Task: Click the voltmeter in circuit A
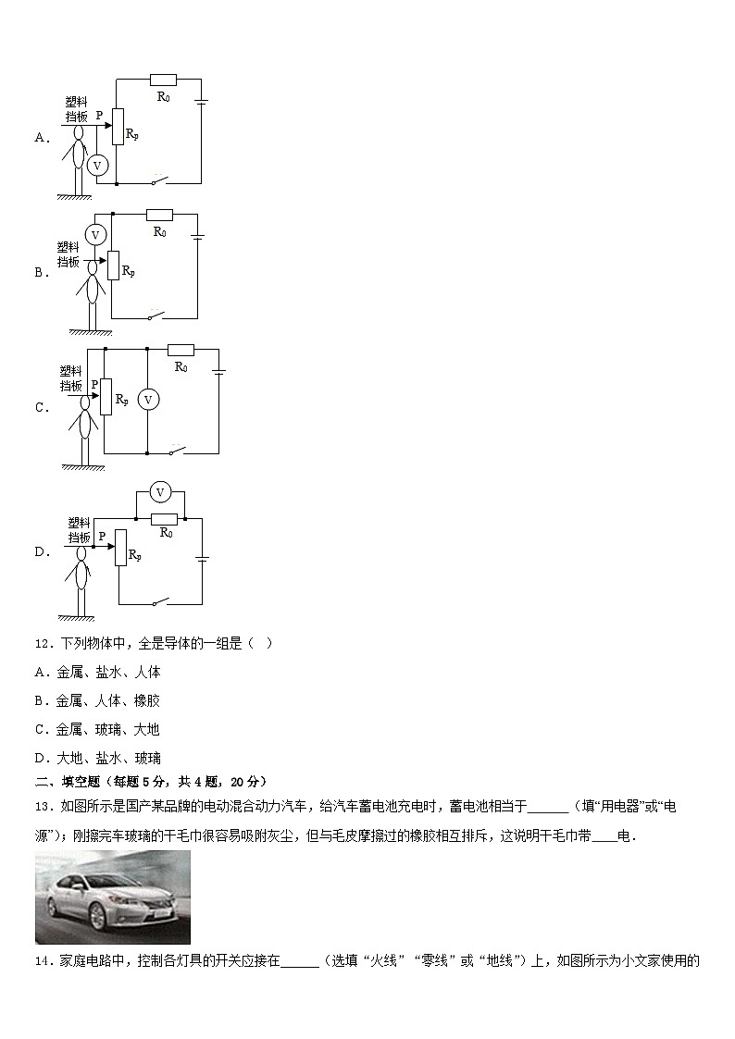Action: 96,164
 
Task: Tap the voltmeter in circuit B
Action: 94,235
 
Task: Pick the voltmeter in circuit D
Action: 160,491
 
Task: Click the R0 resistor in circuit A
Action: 164,79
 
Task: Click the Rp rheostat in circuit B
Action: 114,266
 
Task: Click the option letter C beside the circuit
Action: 41,407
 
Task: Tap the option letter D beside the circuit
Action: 41,552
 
